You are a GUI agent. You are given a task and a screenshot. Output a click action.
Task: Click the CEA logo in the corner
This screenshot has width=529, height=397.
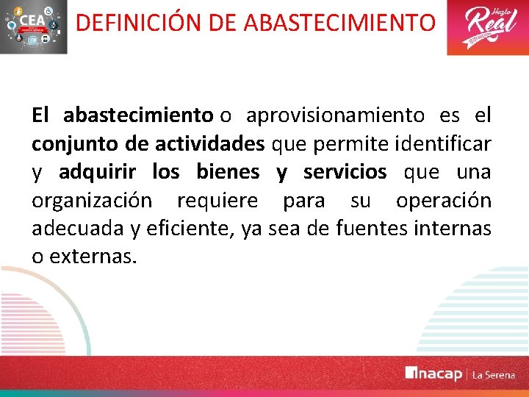pyautogui.click(x=34, y=27)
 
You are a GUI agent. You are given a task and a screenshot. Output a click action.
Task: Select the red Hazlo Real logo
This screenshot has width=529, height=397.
pyautogui.click(x=487, y=27)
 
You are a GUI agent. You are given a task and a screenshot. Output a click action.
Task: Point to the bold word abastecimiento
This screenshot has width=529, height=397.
pyautogui.click(x=137, y=115)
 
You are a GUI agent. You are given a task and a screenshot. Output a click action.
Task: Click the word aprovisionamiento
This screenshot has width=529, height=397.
pyautogui.click(x=335, y=115)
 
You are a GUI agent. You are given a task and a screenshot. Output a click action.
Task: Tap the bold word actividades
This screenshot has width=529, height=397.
pyautogui.click(x=214, y=144)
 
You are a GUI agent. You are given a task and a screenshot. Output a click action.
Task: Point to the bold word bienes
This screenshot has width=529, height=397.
pyautogui.click(x=228, y=172)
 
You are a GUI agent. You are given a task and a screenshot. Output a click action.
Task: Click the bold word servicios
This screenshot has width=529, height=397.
pyautogui.click(x=345, y=172)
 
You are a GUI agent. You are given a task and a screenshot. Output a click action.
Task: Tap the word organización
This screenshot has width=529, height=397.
pyautogui.click(x=92, y=201)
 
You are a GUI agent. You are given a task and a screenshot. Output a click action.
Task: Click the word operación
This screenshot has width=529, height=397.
pyautogui.click(x=443, y=201)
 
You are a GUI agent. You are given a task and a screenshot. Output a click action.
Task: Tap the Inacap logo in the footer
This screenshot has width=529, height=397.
pyautogui.click(x=433, y=374)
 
